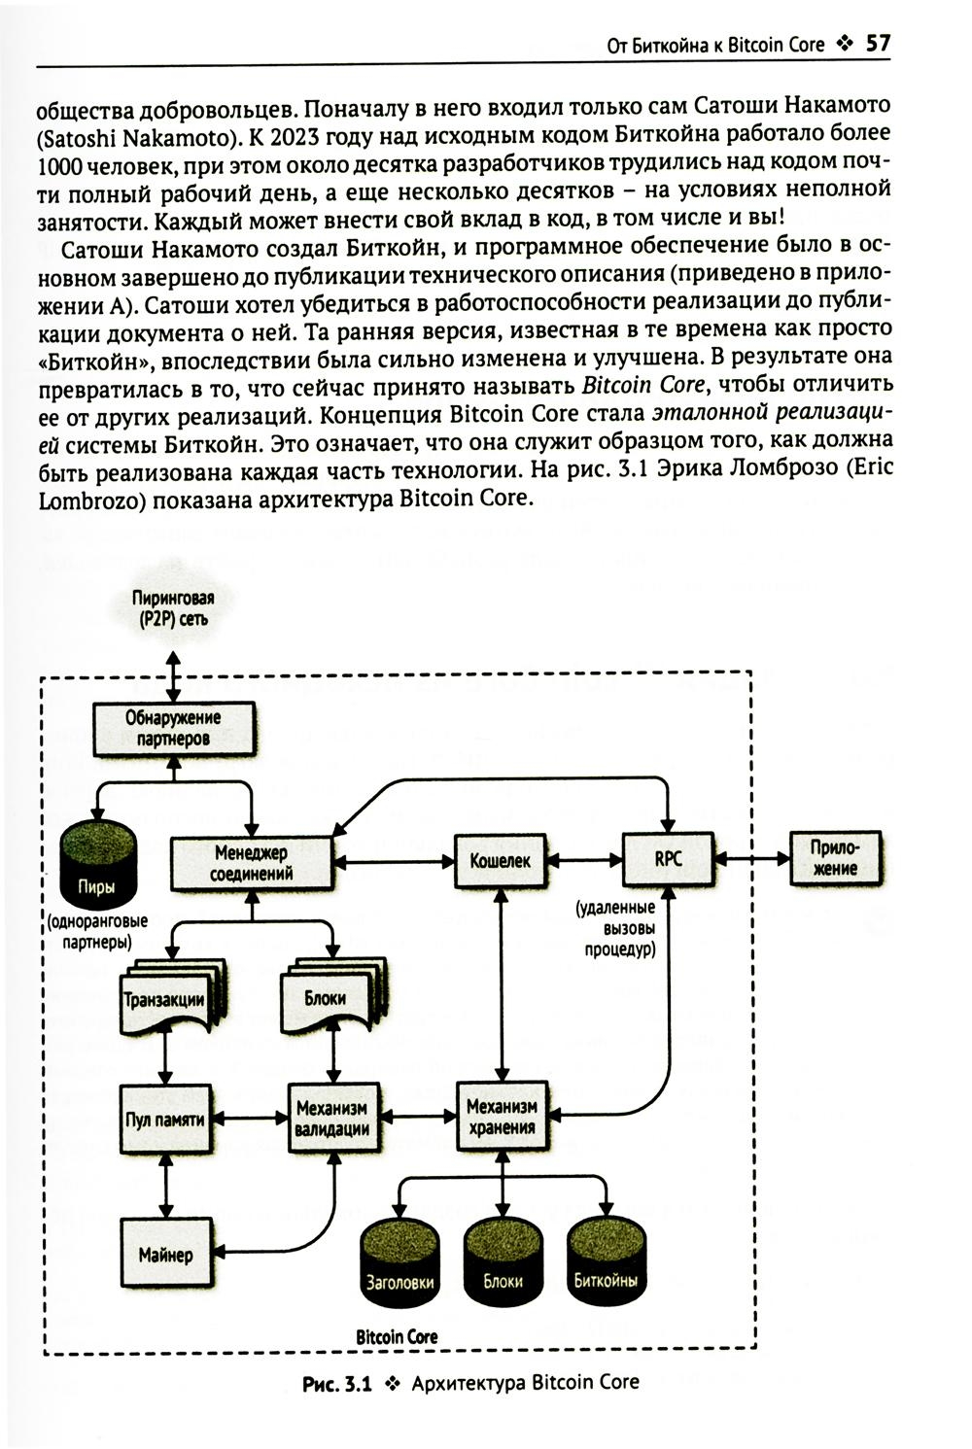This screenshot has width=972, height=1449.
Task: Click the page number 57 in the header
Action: click(877, 44)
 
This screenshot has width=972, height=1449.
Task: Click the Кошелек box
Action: click(501, 859)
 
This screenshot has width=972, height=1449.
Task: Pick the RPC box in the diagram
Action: click(668, 859)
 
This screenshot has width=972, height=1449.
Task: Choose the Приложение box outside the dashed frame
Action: click(834, 857)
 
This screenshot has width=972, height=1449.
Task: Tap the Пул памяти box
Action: click(165, 1119)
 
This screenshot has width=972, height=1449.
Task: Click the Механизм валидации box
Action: click(332, 1119)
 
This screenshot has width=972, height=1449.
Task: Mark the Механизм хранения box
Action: click(502, 1119)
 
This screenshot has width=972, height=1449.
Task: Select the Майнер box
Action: click(165, 1254)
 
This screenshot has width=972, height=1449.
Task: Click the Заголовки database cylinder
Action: click(399, 1263)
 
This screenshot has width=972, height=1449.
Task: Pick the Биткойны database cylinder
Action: click(606, 1263)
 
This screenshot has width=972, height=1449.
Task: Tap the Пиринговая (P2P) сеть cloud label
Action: click(173, 609)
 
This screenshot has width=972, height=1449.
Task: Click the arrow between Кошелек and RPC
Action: click(584, 859)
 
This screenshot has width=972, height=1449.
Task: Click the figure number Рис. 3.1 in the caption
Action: click(338, 1383)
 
